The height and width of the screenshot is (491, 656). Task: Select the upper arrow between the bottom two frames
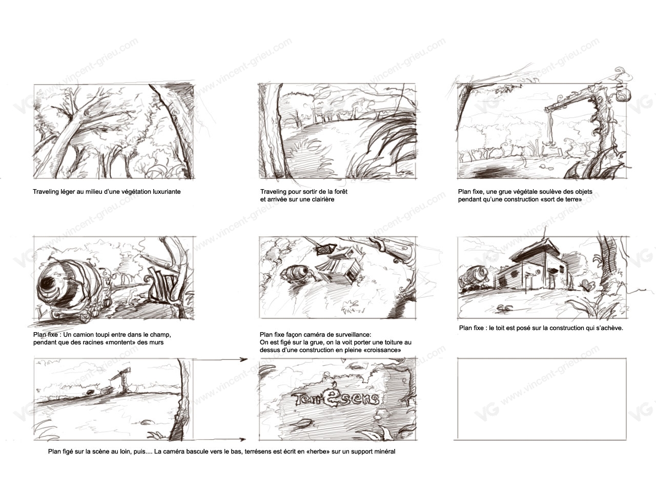click(x=220, y=359)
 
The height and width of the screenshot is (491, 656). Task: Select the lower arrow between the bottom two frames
click(x=220, y=439)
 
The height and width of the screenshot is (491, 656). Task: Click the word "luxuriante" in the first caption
click(x=167, y=192)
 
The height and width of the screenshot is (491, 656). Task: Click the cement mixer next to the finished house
click(x=474, y=277)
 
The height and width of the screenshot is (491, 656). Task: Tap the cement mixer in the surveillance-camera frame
click(x=296, y=273)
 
